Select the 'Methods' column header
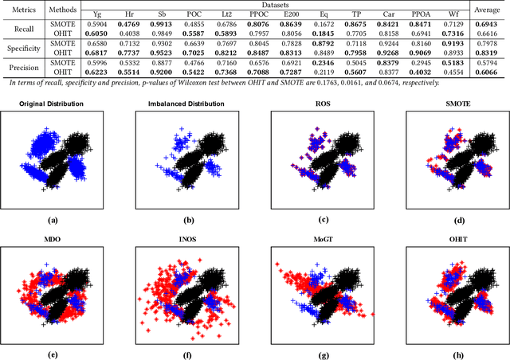(62, 10)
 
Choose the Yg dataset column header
(97, 14)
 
